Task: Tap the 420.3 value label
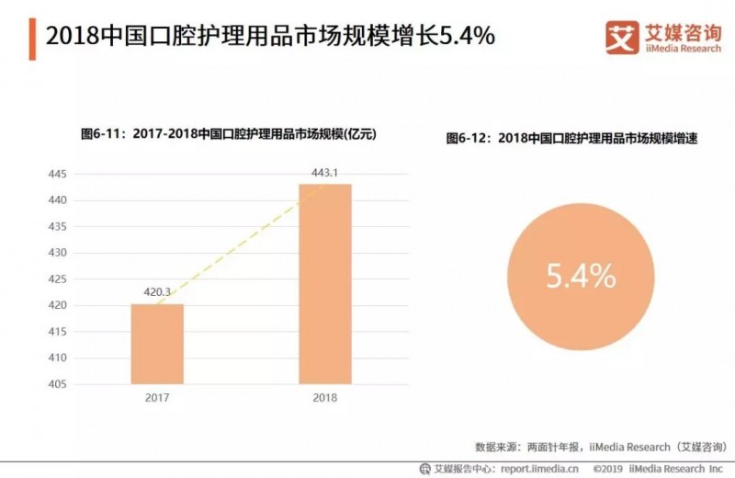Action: [x=157, y=292]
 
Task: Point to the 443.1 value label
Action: [x=324, y=172]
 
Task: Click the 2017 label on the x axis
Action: [x=157, y=398]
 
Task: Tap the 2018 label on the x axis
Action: [x=324, y=398]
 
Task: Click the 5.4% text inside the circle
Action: [x=580, y=275]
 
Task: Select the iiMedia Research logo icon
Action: [x=622, y=36]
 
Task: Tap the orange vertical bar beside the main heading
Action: [x=33, y=37]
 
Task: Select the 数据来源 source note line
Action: [x=594, y=447]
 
